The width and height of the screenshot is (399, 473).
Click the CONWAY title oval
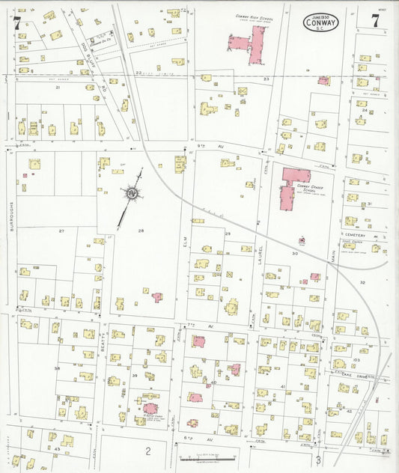coord(321,22)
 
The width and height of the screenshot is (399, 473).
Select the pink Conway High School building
coord(252,43)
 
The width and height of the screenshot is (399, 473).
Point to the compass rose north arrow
coord(132,194)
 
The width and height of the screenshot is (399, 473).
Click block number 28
coord(140,231)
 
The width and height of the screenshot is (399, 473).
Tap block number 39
coord(135,376)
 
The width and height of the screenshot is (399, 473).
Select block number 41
coord(283,385)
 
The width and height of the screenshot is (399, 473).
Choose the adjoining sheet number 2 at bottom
coord(148,451)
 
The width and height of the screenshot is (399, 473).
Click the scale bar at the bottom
coord(207,457)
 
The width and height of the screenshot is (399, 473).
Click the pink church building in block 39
coord(150,409)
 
